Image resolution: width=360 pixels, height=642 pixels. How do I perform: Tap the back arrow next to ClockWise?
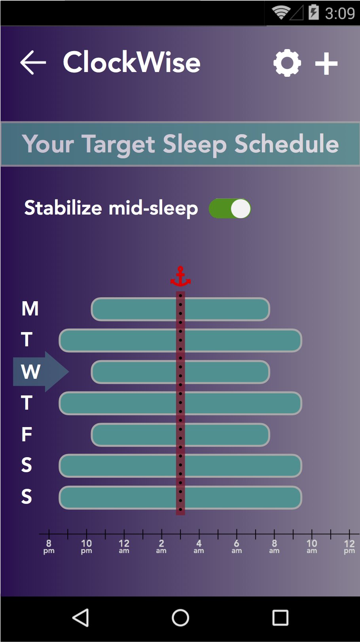[33, 63]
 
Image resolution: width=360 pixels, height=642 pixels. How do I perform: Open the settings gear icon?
[287, 63]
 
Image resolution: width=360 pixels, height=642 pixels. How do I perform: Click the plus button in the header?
[326, 64]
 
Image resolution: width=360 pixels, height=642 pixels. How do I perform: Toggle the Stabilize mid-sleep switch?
[230, 208]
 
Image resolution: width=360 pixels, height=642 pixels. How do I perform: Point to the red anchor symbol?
[180, 276]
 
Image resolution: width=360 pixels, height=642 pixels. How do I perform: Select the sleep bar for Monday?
[180, 309]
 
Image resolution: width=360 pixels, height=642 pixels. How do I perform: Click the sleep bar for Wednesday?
[180, 372]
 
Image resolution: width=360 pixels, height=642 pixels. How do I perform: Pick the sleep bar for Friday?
[180, 435]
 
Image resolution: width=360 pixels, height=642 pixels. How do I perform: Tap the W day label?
[30, 372]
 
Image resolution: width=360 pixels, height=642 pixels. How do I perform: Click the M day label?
[30, 309]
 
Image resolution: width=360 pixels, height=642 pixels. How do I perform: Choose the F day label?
[27, 434]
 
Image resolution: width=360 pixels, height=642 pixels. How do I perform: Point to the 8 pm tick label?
[49, 547]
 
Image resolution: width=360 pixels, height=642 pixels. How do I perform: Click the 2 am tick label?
[161, 547]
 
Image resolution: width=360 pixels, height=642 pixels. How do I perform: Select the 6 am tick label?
[237, 547]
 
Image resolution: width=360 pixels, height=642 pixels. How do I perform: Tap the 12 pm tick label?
[349, 547]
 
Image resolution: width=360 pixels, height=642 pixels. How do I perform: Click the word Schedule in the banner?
[287, 144]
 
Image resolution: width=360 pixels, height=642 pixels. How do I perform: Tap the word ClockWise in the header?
[131, 62]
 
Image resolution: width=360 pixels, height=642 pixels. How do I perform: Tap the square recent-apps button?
[280, 617]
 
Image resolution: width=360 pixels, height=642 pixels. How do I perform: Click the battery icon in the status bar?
[314, 12]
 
